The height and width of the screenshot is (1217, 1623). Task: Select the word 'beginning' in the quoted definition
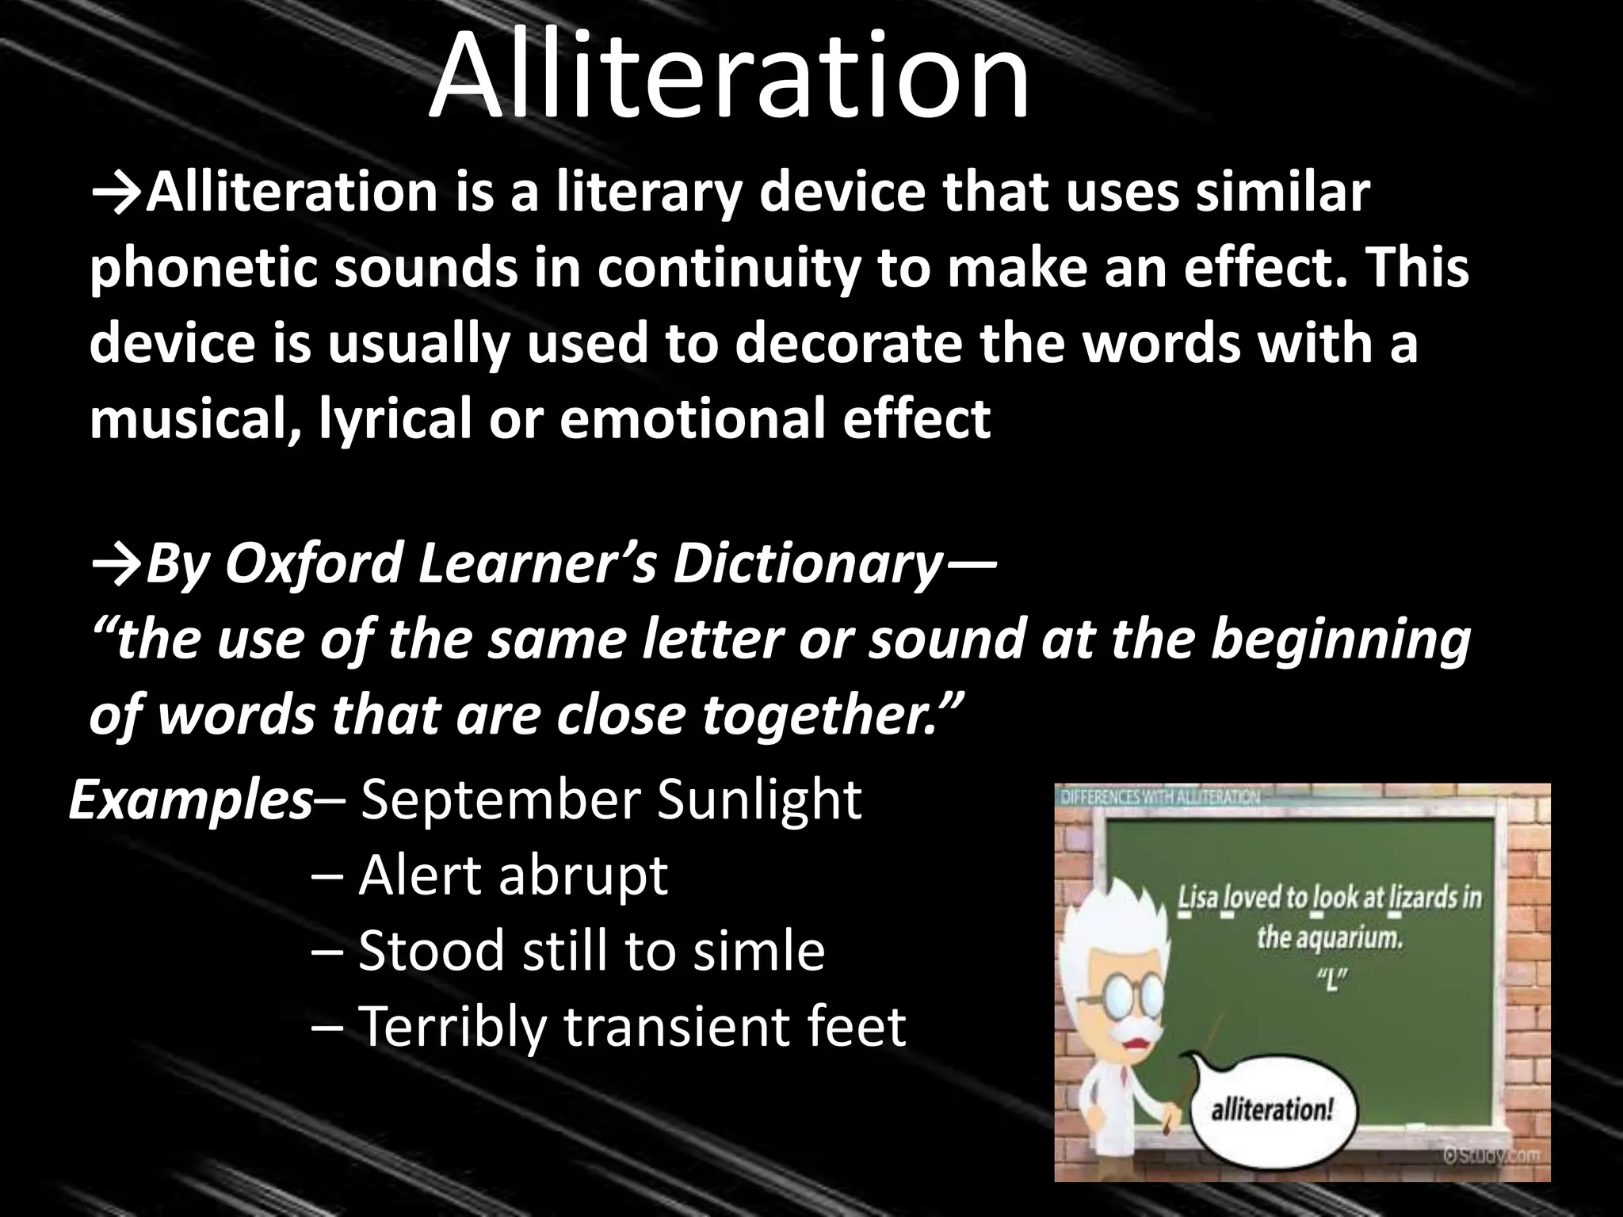tap(1339, 640)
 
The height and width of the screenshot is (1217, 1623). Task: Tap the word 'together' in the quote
tap(824, 715)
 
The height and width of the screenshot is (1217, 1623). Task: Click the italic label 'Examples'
tap(190, 800)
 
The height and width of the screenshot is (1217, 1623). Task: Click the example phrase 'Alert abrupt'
tap(513, 876)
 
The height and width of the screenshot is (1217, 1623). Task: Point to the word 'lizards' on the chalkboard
tap(1406, 898)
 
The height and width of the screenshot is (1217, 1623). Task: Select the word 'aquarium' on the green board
tap(1352, 938)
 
